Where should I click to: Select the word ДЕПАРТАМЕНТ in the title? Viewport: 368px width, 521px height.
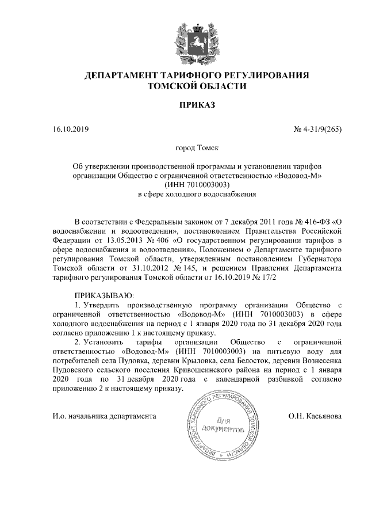pos(125,75)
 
